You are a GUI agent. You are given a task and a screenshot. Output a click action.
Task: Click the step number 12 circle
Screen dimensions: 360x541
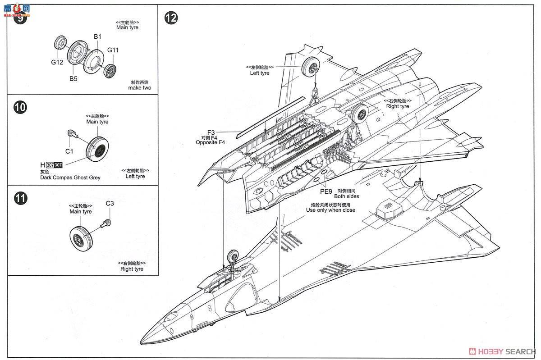pyautogui.click(x=171, y=18)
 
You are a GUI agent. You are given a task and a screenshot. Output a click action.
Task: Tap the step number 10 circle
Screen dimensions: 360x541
pyautogui.click(x=20, y=107)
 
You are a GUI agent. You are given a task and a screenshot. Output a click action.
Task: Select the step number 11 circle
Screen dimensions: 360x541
pyautogui.click(x=20, y=197)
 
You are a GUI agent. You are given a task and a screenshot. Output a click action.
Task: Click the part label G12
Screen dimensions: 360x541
pyautogui.click(x=57, y=62)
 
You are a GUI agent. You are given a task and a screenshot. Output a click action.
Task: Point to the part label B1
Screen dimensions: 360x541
pyautogui.click(x=97, y=36)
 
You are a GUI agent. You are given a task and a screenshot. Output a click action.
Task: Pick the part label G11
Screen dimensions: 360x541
pyautogui.click(x=113, y=50)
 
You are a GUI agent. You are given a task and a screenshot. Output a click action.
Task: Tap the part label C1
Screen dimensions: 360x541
pyautogui.click(x=69, y=151)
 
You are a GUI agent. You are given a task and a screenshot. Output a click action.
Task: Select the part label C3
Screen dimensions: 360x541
pyautogui.click(x=110, y=203)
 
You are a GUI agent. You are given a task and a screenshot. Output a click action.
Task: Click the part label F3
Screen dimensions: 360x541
pyautogui.click(x=211, y=132)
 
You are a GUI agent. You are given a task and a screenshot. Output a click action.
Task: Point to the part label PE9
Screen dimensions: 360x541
pyautogui.click(x=326, y=191)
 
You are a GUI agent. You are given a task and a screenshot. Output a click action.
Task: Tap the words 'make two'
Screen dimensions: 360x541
pyautogui.click(x=139, y=88)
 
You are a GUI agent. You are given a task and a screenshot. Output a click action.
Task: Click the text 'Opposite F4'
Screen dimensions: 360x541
pyautogui.click(x=210, y=142)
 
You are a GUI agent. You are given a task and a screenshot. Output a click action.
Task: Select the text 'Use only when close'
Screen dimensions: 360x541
pyautogui.click(x=330, y=210)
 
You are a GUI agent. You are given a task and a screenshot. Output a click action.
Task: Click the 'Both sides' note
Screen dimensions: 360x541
pyautogui.click(x=347, y=196)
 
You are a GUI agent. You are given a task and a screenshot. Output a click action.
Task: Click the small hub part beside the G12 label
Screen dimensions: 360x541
pyautogui.click(x=60, y=44)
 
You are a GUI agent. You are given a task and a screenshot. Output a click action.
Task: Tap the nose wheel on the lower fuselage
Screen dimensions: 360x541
pyautogui.click(x=234, y=256)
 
